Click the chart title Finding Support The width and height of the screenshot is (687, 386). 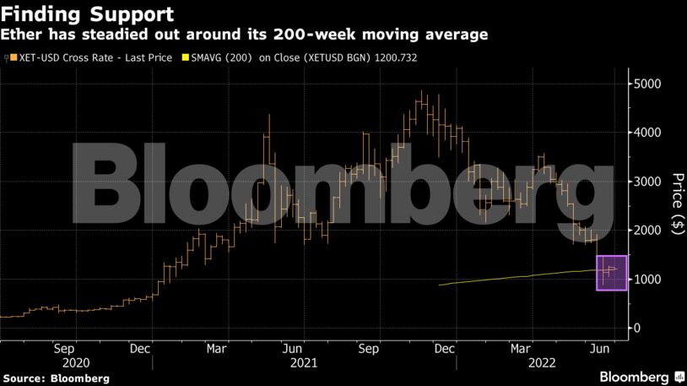pyautogui.click(x=88, y=14)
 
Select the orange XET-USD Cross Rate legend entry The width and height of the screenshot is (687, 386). pyautogui.click(x=89, y=57)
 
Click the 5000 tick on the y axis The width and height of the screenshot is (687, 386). pyautogui.click(x=647, y=84)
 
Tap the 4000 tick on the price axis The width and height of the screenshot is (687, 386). pyautogui.click(x=647, y=133)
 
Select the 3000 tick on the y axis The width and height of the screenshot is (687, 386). pyautogui.click(x=647, y=182)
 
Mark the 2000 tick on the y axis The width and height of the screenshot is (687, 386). pyautogui.click(x=647, y=231)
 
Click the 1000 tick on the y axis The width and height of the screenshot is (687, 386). pyautogui.click(x=647, y=280)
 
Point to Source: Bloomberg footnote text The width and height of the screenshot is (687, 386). pyautogui.click(x=55, y=378)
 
